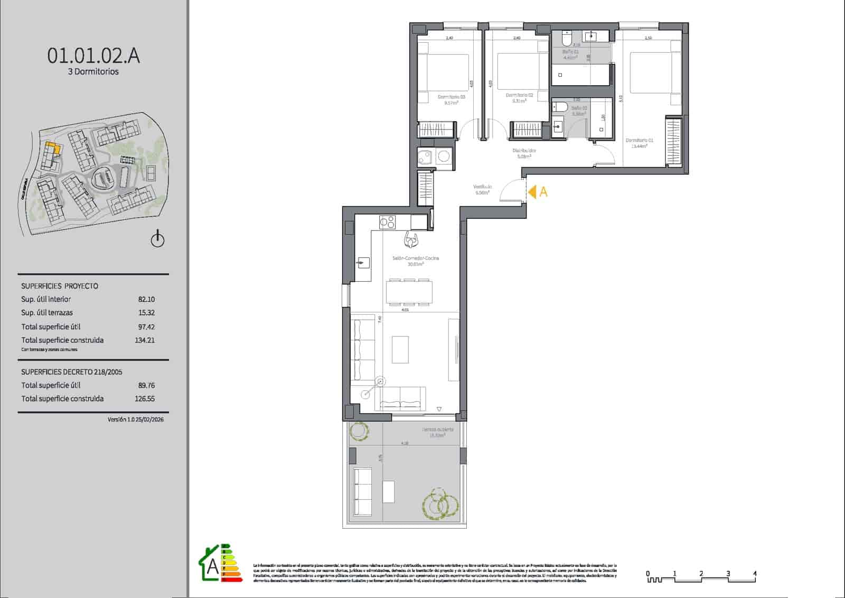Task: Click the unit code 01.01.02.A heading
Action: tap(93, 55)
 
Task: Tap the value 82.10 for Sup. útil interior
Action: tap(146, 299)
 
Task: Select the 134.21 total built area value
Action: tap(145, 341)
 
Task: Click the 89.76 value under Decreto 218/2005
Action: tap(146, 385)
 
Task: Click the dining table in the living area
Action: tap(409, 292)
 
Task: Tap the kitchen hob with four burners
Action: tap(387, 222)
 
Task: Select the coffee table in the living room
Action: tap(400, 349)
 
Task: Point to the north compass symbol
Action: tap(157, 240)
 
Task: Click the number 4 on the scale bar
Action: tap(755, 573)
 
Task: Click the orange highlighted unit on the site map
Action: tap(52, 148)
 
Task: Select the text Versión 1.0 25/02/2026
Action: tap(135, 419)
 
